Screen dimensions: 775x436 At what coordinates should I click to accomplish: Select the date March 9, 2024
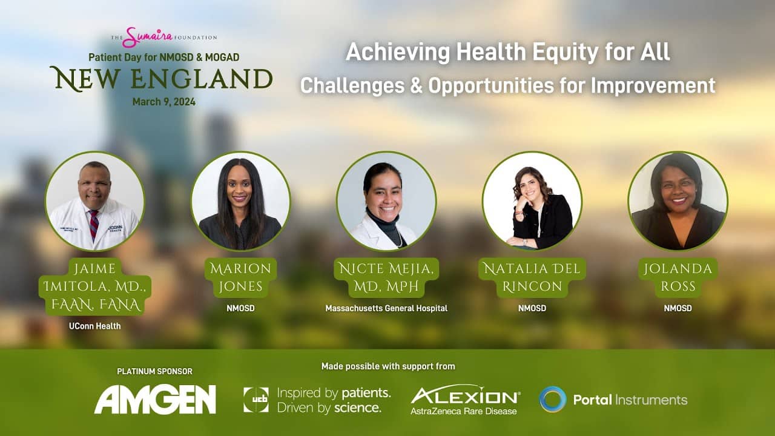click(x=164, y=102)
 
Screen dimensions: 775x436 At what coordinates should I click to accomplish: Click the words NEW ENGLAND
click(x=162, y=79)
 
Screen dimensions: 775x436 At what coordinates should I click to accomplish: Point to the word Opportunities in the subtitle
click(x=491, y=85)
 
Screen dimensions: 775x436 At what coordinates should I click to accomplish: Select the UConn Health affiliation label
click(x=95, y=326)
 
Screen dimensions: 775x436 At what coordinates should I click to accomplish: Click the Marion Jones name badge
click(x=241, y=277)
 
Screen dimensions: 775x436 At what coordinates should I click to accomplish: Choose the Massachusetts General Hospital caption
click(x=386, y=308)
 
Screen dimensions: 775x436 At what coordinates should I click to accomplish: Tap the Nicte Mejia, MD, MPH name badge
click(x=386, y=277)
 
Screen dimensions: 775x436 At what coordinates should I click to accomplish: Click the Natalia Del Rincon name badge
click(x=532, y=277)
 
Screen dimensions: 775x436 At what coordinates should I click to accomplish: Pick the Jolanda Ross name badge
click(x=678, y=277)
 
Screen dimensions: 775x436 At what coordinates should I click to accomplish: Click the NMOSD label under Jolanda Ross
click(x=678, y=308)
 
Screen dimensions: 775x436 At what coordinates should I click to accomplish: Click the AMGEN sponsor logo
click(x=155, y=399)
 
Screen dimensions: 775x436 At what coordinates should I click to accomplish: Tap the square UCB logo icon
click(x=256, y=400)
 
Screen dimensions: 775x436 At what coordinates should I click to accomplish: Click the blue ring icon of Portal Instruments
click(x=553, y=399)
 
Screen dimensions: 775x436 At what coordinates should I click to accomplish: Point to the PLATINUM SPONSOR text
click(x=154, y=371)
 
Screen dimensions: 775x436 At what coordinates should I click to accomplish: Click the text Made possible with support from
click(x=388, y=366)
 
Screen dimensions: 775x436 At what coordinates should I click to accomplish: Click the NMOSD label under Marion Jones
click(x=241, y=308)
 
